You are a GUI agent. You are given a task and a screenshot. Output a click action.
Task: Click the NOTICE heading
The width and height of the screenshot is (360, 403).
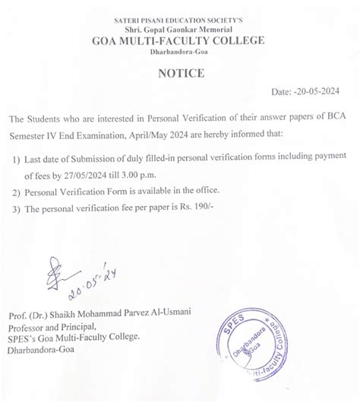pos(179,74)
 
